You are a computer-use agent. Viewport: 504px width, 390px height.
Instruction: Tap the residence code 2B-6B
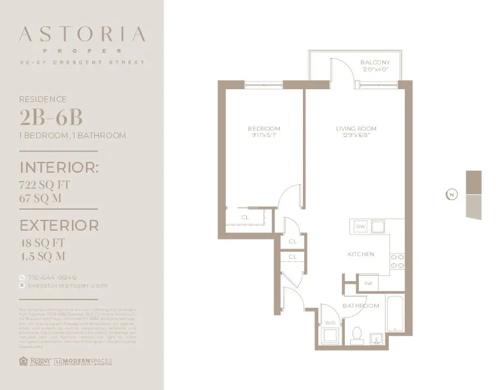tap(52, 119)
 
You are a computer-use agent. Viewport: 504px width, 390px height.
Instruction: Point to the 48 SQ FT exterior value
tap(43, 243)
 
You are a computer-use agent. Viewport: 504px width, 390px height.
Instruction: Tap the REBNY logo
tap(35, 361)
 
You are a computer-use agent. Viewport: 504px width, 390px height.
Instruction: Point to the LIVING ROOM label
tap(352, 129)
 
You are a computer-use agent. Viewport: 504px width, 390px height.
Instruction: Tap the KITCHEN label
tap(360, 254)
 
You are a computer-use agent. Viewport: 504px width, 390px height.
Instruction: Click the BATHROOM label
tap(361, 306)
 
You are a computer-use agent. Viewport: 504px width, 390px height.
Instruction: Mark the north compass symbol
tap(451, 194)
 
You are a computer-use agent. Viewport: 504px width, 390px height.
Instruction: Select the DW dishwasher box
tap(360, 227)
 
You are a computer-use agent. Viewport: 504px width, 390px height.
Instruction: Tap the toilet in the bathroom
tap(356, 334)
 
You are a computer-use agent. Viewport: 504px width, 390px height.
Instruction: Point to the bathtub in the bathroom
tap(393, 314)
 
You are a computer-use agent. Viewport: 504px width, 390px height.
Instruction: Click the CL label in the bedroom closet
tap(245, 217)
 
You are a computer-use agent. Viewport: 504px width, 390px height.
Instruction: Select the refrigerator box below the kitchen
tap(368, 283)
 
